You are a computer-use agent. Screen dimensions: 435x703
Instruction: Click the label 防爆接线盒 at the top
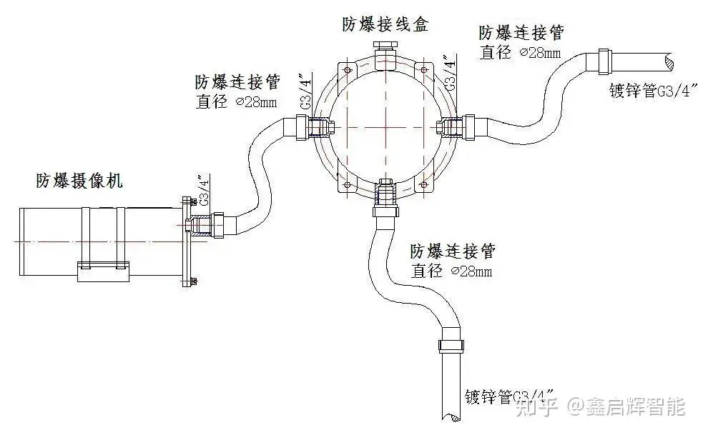(x=385, y=24)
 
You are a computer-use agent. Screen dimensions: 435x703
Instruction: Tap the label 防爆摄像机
(x=79, y=181)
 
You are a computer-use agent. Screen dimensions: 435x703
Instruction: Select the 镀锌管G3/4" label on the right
(x=653, y=91)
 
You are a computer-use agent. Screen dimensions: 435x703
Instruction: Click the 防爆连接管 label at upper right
(x=521, y=33)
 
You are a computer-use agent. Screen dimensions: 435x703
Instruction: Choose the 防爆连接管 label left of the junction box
(x=237, y=81)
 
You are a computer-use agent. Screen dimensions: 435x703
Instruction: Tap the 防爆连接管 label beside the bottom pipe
(x=453, y=251)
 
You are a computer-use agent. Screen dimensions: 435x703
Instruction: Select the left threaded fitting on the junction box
(x=320, y=126)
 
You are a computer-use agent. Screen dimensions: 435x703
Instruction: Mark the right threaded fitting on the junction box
(x=451, y=126)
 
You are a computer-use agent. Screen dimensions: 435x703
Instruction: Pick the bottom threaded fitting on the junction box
(x=385, y=194)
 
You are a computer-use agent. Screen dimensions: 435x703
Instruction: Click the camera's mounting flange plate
(x=188, y=241)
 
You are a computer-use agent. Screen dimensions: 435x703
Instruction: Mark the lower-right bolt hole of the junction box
(x=425, y=186)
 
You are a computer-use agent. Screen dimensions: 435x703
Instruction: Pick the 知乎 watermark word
(x=538, y=407)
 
